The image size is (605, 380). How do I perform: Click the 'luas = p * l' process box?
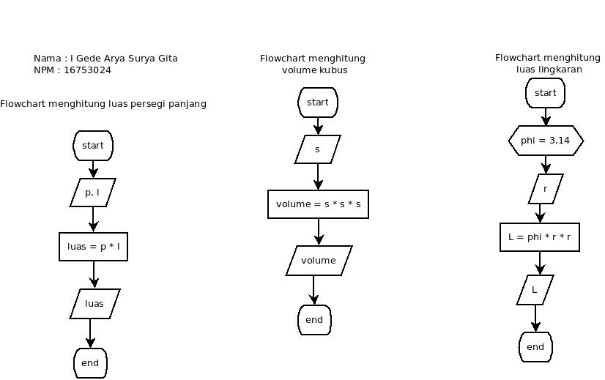(x=94, y=247)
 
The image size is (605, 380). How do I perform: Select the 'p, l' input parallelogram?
(x=93, y=193)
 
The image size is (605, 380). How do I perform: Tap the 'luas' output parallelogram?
(x=94, y=304)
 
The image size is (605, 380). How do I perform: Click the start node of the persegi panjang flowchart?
(x=93, y=146)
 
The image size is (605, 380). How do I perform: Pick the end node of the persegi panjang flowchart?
(x=90, y=363)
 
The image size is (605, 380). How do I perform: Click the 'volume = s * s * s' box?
(x=318, y=204)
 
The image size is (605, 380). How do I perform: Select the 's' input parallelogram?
(x=317, y=149)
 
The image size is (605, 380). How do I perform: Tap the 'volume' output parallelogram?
(x=319, y=261)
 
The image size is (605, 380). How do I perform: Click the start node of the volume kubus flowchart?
(x=318, y=103)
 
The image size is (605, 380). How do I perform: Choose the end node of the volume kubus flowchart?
(x=314, y=320)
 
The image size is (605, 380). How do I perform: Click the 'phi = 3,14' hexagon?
(x=546, y=141)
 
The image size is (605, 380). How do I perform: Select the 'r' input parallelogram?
(x=546, y=189)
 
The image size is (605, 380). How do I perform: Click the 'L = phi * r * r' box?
(x=540, y=237)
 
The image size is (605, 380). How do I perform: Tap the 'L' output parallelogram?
(x=535, y=290)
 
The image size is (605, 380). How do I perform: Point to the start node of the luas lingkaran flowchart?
(x=546, y=93)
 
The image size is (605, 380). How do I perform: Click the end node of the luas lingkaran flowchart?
(x=535, y=347)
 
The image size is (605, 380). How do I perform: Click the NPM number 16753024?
(x=87, y=70)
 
